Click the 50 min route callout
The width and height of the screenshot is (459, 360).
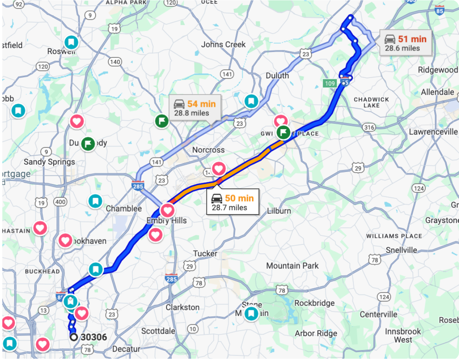[232, 202]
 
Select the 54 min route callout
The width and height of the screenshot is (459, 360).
[195, 108]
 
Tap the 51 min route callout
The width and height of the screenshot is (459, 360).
[405, 43]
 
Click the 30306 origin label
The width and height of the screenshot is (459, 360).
[93, 337]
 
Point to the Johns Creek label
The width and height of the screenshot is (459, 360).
[223, 45]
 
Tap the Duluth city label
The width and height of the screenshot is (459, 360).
[277, 76]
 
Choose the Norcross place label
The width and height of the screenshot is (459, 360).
[209, 150]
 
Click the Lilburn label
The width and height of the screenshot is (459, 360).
[279, 211]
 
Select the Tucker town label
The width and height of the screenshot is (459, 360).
[205, 254]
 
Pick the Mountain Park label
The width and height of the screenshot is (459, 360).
[292, 266]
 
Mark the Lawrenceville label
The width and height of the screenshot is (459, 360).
[433, 132]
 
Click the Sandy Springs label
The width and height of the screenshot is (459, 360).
[49, 162]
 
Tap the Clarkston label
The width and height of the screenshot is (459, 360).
[182, 307]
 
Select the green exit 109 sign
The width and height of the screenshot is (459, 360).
[329, 83]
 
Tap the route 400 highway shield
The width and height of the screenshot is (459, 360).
[60, 202]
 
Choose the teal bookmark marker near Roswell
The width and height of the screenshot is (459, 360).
[71, 42]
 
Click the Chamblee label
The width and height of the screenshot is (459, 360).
[124, 209]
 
